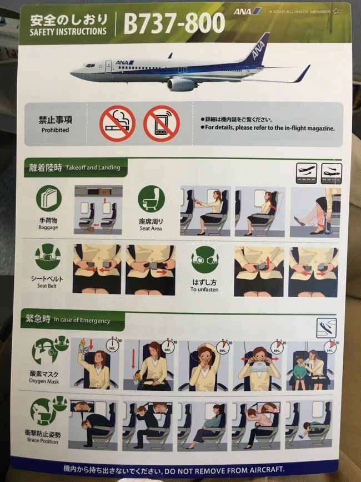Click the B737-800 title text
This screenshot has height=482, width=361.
point(174,23)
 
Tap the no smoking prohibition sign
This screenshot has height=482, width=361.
point(117,123)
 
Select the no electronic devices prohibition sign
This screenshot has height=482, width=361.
point(162,123)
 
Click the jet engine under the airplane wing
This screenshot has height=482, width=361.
point(180,83)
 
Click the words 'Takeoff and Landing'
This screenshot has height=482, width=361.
point(92,167)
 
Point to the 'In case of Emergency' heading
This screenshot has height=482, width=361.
point(82,321)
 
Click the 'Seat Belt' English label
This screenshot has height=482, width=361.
point(48,286)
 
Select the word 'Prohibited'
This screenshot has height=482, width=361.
point(55,130)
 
